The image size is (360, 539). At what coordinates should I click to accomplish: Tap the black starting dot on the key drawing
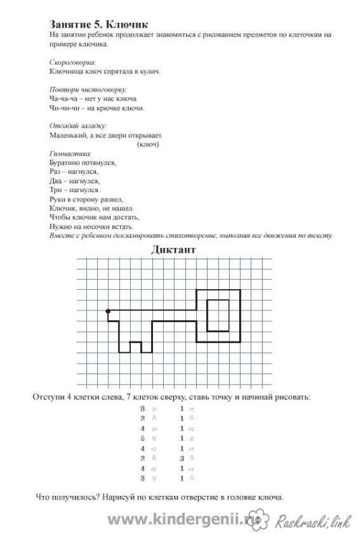coord(108,311)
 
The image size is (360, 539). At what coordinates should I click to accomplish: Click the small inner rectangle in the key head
coord(217,315)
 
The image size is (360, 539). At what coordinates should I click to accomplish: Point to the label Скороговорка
coord(73,61)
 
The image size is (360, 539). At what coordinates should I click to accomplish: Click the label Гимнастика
coord(70,153)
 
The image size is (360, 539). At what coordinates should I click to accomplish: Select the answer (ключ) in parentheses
coord(147,144)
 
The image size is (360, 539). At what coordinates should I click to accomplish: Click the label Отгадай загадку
coord(78,125)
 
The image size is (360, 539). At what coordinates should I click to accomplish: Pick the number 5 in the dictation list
coord(142,438)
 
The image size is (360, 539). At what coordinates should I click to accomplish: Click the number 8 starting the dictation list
coord(142,408)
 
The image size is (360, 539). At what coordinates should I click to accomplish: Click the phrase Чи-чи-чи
coord(63,108)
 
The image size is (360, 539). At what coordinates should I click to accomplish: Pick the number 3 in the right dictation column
coord(181,458)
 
